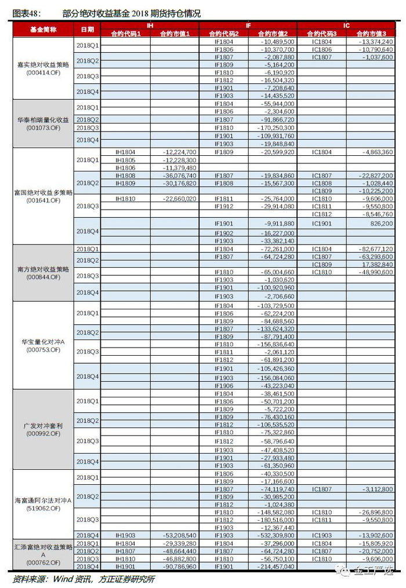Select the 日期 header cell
88,29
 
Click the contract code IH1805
125,160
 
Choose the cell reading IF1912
224,206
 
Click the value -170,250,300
274,127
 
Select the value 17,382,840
374,264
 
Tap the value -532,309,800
274,536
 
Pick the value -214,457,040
274,566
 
